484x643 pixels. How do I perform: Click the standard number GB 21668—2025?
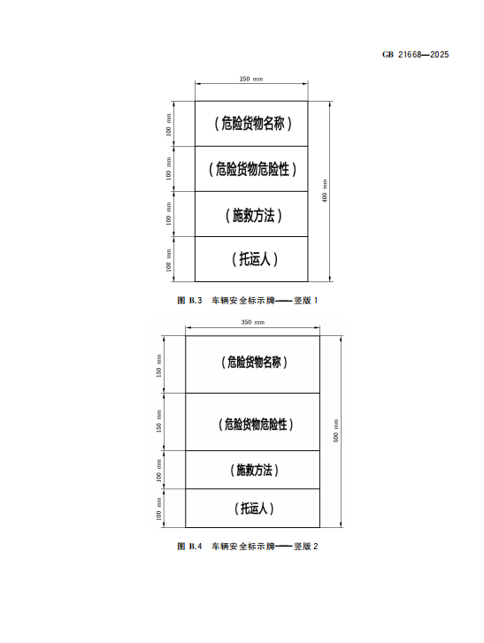(415, 55)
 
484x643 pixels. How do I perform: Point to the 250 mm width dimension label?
(251, 79)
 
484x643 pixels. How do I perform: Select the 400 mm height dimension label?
(325, 191)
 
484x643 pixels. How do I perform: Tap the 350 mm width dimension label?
(253, 322)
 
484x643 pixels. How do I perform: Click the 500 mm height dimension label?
(336, 431)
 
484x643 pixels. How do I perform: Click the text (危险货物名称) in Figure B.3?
(253, 124)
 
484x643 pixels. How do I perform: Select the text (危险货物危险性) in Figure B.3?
(252, 169)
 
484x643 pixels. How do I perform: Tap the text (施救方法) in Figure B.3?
(253, 215)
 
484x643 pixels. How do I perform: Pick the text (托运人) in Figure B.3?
(255, 259)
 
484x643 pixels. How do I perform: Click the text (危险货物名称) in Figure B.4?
(254, 362)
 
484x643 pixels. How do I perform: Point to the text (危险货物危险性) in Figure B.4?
(256, 425)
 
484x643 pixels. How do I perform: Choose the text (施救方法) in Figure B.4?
(254, 470)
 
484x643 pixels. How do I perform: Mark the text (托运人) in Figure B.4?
(254, 509)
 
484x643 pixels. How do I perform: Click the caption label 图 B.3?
(189, 301)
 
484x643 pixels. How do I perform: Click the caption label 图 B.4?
(189, 547)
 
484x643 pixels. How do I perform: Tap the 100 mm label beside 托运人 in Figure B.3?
(169, 260)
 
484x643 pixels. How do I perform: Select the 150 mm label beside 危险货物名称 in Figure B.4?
(158, 366)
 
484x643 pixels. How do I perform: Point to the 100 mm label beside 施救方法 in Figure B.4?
(158, 471)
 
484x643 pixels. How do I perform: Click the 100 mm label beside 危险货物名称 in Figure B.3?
(169, 125)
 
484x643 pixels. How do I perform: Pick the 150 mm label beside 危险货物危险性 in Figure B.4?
(158, 421)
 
